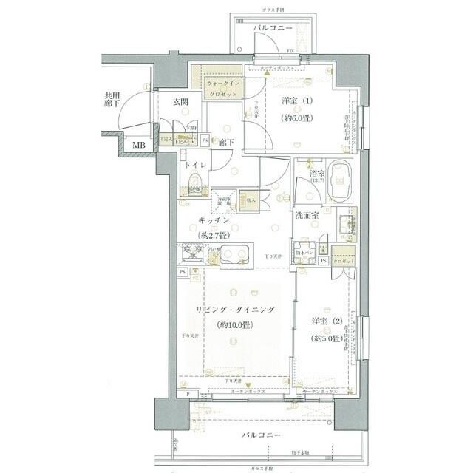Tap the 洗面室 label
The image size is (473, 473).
[x=306, y=215]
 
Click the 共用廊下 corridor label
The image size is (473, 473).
[x=112, y=100]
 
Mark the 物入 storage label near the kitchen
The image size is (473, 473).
[x=251, y=198]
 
